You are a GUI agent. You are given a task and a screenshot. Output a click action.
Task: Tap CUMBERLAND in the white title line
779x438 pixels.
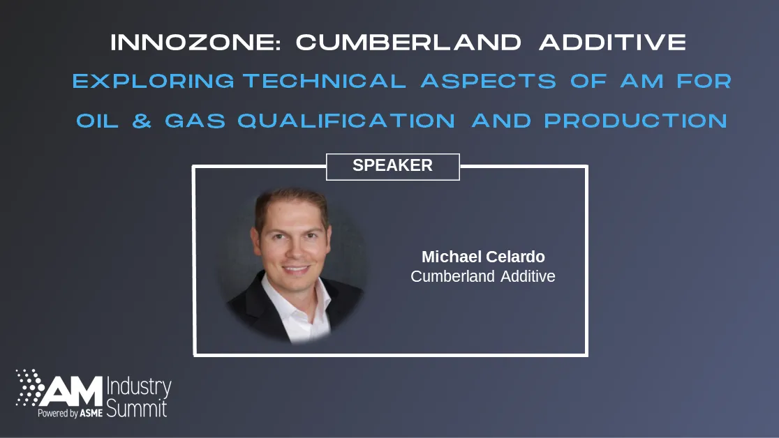[x=408, y=43]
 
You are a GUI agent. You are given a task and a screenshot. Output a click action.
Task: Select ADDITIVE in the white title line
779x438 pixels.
[x=612, y=43]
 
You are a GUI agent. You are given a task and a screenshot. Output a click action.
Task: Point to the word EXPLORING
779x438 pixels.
[x=154, y=82]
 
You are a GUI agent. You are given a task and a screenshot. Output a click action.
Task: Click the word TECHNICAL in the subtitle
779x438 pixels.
[x=324, y=82]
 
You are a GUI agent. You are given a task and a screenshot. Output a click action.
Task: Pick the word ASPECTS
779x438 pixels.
[x=488, y=82]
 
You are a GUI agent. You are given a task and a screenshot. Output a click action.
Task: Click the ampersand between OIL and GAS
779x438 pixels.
[x=142, y=121]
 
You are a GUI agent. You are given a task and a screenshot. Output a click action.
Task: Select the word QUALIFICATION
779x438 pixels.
[x=346, y=121]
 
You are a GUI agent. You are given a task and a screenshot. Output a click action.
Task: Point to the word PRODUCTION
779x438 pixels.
[x=635, y=121]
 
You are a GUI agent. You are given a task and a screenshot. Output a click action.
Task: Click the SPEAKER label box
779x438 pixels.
[x=392, y=166]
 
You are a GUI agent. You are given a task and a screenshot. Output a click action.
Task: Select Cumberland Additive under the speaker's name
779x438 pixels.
[x=483, y=276]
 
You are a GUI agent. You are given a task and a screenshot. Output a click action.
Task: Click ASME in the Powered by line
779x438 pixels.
[x=91, y=414]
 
